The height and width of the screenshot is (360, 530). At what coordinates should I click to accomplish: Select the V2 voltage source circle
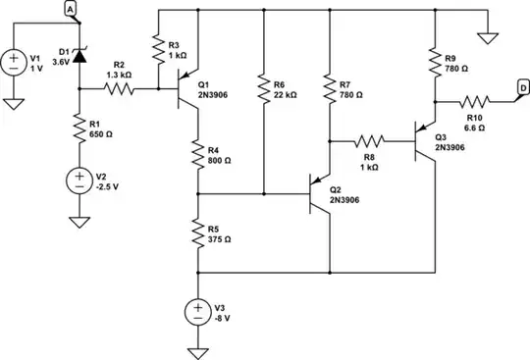pyautogui.click(x=79, y=180)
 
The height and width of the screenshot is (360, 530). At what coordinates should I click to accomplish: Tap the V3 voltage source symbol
pyautogui.click(x=198, y=312)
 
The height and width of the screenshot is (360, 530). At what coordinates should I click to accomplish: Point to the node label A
pyautogui.click(x=71, y=9)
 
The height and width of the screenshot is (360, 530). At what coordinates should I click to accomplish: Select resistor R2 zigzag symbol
pyautogui.click(x=119, y=89)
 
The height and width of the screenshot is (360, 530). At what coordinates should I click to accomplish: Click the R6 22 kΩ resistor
pyautogui.click(x=264, y=91)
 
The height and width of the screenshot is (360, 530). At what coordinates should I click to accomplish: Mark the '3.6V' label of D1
pyautogui.click(x=62, y=61)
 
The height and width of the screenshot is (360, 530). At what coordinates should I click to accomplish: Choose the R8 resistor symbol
pyautogui.click(x=372, y=139)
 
